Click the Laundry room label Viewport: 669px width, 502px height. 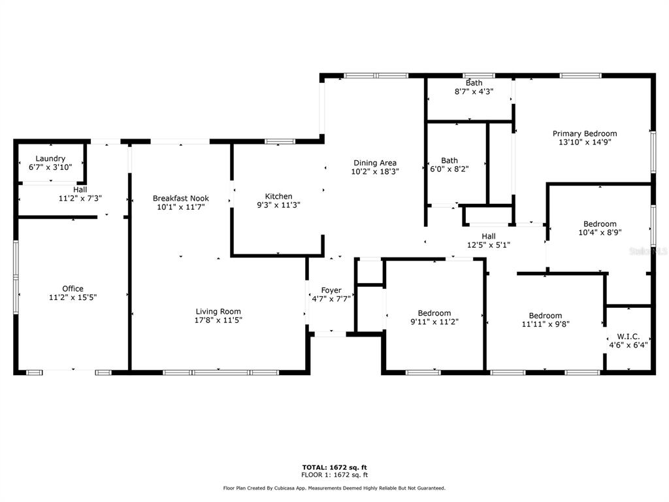[x=50, y=158]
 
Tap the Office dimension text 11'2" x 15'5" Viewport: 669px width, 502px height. [x=73, y=297]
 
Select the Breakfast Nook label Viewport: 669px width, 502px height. [x=181, y=198]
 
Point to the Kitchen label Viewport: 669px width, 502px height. [x=278, y=196]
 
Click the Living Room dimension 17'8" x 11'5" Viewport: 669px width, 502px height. [x=218, y=320]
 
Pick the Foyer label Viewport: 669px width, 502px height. [x=331, y=290]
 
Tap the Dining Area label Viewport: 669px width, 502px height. [x=375, y=163]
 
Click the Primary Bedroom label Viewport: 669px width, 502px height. [x=585, y=133]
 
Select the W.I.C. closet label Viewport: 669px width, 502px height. [x=628, y=337]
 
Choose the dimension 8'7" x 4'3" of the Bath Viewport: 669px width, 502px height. [x=474, y=92]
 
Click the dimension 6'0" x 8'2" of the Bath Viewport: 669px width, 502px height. [x=449, y=169]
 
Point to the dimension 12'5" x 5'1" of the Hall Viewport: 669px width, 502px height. [x=489, y=245]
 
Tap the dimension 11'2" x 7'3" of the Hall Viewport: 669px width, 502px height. [x=80, y=199]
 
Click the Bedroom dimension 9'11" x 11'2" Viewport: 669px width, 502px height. [x=434, y=322]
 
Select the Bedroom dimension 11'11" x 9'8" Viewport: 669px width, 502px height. [x=546, y=324]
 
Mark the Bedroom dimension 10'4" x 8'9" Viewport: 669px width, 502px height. [x=600, y=233]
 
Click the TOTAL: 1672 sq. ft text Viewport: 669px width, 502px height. [x=334, y=467]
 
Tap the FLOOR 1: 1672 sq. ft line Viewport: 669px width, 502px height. [x=334, y=475]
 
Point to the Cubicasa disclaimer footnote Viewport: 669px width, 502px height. [x=334, y=488]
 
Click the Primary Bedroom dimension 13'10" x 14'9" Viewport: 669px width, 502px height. [x=585, y=142]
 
